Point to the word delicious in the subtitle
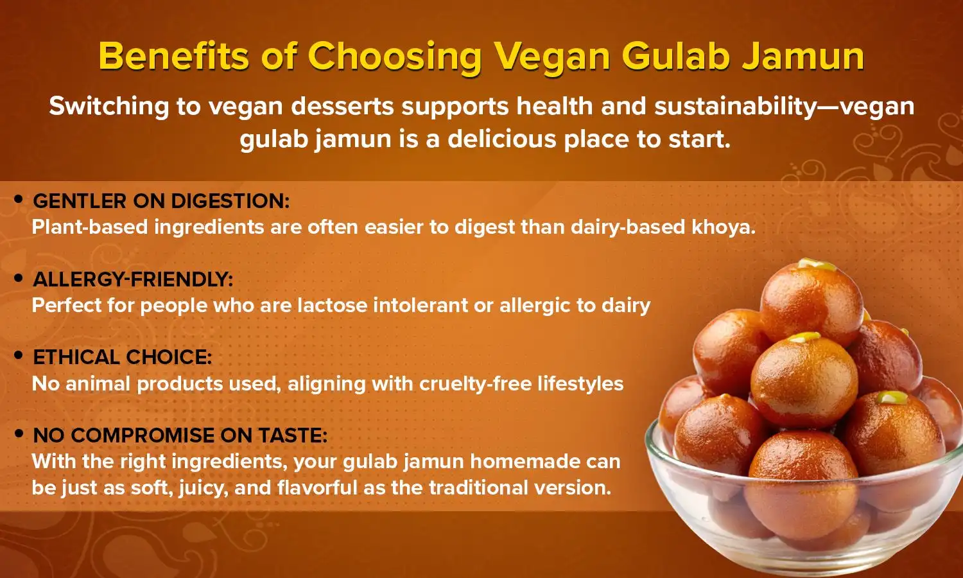point(501,139)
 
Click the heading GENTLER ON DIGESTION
point(161,201)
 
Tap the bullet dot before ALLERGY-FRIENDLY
point(19,278)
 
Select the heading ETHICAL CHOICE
point(122,357)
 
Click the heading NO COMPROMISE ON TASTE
point(180,435)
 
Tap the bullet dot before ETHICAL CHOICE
point(19,356)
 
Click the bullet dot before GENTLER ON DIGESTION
point(19,200)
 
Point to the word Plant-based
point(89,227)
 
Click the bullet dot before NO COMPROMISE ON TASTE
point(19,434)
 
